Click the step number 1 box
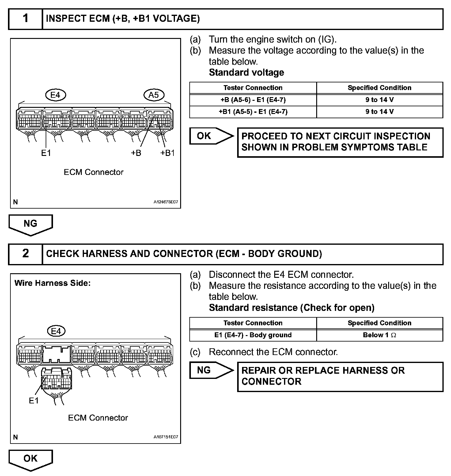click(x=25, y=19)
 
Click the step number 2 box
click(x=25, y=254)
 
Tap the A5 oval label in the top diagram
click(x=153, y=95)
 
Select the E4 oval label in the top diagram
click(x=55, y=95)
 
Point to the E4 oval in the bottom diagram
click(x=56, y=331)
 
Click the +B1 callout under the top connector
click(x=167, y=153)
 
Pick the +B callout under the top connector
click(x=136, y=153)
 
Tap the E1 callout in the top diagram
click(x=46, y=153)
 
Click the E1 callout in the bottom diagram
click(x=34, y=400)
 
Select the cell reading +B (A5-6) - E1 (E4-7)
click(x=253, y=100)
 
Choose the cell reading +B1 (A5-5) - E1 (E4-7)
click(x=253, y=112)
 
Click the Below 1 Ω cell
click(x=379, y=335)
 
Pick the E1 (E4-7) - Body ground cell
click(x=253, y=335)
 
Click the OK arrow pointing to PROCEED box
click(x=211, y=136)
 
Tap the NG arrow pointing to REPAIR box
click(x=211, y=370)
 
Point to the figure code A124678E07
click(x=166, y=202)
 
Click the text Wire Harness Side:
click(x=52, y=283)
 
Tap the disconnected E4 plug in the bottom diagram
click(x=57, y=379)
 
